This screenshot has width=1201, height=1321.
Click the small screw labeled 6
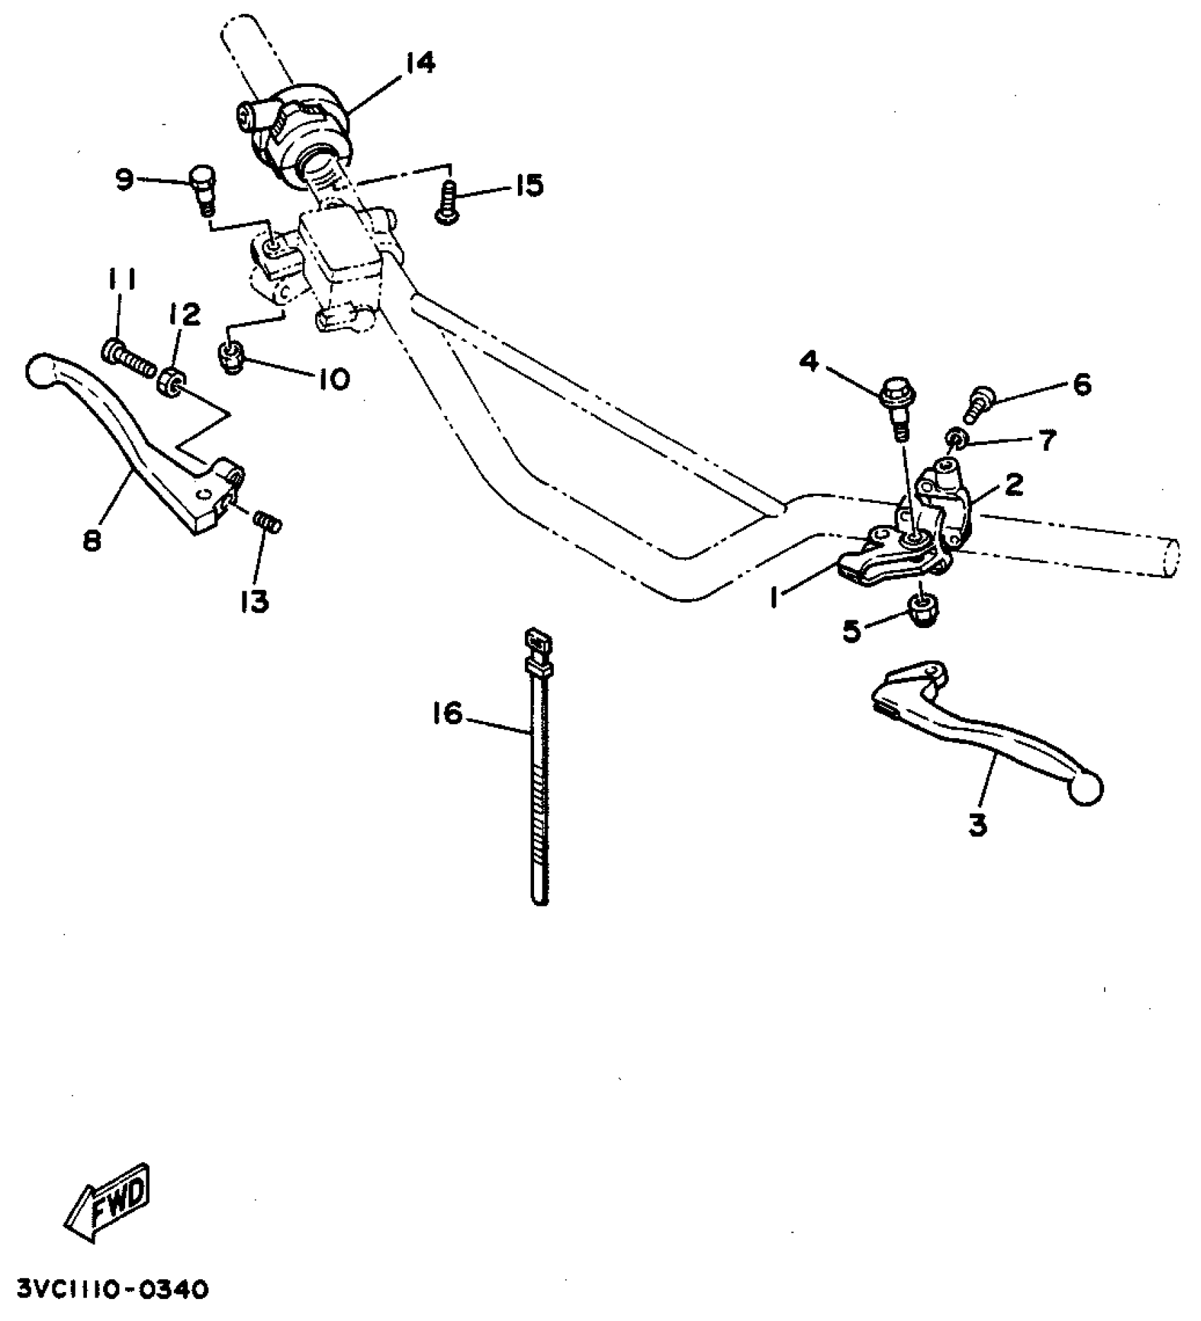978,401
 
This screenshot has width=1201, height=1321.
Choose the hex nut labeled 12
170,381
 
